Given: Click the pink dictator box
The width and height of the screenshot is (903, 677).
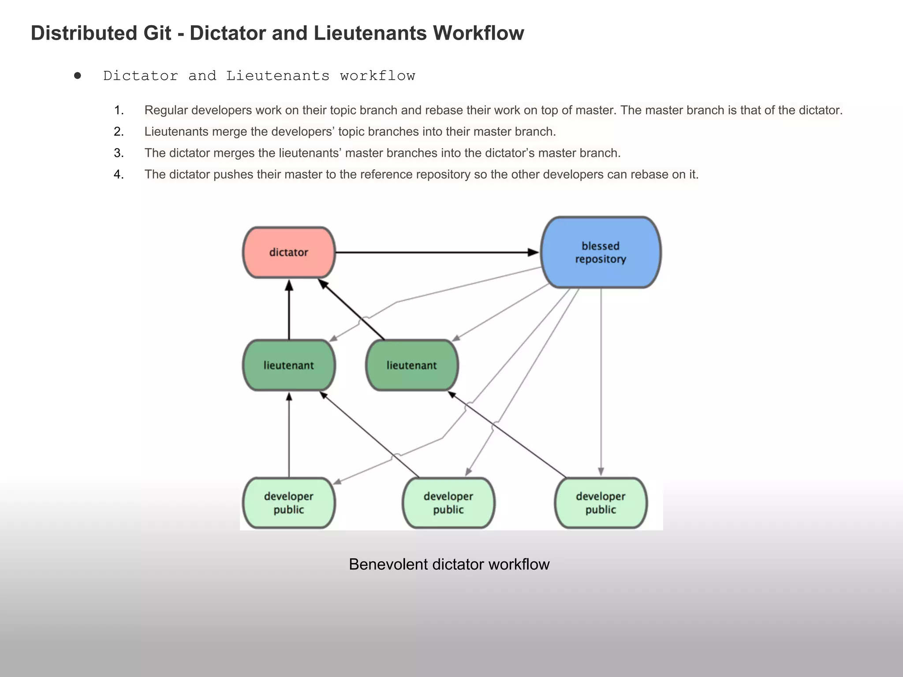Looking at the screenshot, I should pos(289,253).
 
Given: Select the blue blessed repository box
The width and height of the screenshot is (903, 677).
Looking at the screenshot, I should pos(601,253).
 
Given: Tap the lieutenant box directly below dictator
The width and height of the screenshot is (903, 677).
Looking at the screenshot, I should pos(289,365).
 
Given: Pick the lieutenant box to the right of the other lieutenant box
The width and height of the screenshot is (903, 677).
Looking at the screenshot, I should pos(412,365).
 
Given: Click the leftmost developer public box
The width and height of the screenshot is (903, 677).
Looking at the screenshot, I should pos(289,503).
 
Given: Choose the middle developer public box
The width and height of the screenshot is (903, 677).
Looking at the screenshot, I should pos(448,503).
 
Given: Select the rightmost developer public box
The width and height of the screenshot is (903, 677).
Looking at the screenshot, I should pos(601,503).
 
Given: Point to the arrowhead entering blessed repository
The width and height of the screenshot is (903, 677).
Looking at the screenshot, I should pos(534,253).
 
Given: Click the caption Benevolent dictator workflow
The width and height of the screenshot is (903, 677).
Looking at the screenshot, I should pos(449,565).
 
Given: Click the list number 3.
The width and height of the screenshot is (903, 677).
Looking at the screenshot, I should pos(119,153).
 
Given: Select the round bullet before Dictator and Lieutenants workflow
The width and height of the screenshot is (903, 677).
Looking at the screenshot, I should pos(78,76).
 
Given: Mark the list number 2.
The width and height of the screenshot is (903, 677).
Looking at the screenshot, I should pos(119,132).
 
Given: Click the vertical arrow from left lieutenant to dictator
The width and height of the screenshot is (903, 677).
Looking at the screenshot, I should pos(289,311).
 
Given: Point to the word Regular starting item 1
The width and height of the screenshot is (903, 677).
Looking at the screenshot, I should pos(166,110).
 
